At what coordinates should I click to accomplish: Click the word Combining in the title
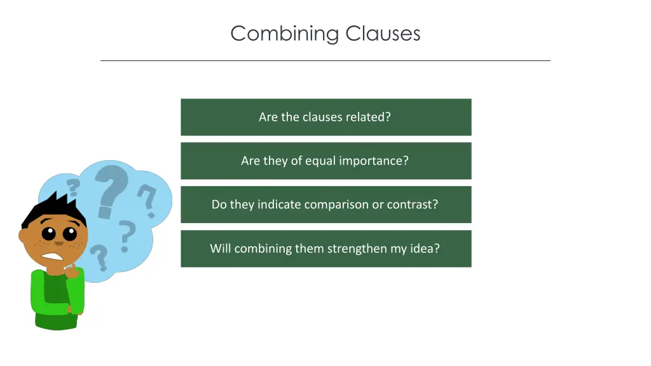click(x=285, y=34)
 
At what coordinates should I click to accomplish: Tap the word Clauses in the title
click(x=383, y=33)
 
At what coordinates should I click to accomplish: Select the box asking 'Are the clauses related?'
click(x=325, y=117)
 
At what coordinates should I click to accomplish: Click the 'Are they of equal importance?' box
click(x=325, y=161)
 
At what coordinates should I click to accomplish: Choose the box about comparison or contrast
click(x=325, y=205)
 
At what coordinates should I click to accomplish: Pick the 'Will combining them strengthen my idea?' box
click(x=325, y=248)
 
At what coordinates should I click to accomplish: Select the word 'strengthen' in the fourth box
click(x=357, y=249)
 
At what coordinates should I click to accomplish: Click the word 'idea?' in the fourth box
click(x=425, y=248)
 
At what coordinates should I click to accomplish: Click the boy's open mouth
click(x=52, y=257)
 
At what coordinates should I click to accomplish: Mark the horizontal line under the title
click(x=325, y=60)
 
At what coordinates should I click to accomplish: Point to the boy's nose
click(x=58, y=242)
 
